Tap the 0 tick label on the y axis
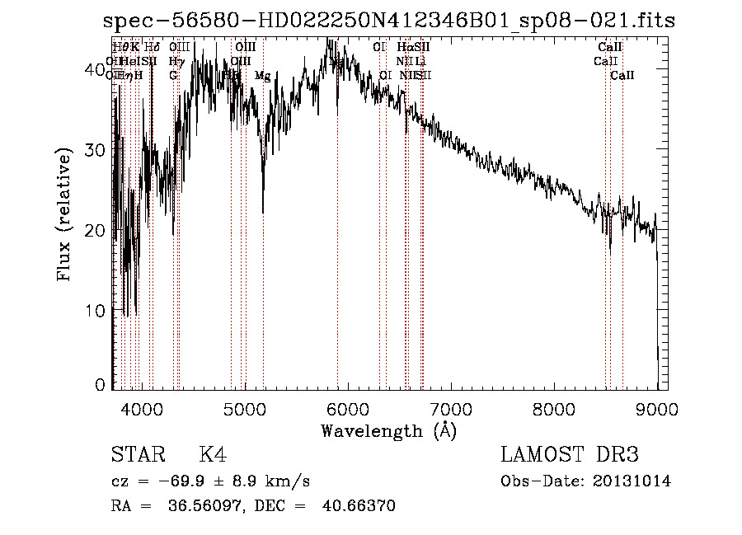pyautogui.click(x=101, y=385)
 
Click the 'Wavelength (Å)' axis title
pyautogui.click(x=388, y=429)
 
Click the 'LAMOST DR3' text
pyautogui.click(x=570, y=455)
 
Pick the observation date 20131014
pyautogui.click(x=632, y=481)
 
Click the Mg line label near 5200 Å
pyautogui.click(x=262, y=76)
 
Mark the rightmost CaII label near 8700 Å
pyautogui.click(x=622, y=76)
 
